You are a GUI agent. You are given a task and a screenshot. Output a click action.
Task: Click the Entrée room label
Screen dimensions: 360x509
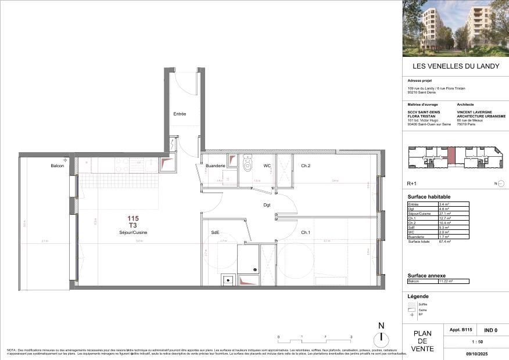point(180,114)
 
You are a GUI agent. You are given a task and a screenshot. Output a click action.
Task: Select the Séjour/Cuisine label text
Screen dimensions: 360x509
point(132,232)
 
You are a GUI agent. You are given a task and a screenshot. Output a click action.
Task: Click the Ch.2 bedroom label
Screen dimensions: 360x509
point(306,166)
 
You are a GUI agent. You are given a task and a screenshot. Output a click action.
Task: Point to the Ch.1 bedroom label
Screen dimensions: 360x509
point(306,232)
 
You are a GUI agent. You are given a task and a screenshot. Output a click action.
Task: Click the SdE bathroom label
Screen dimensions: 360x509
point(214,232)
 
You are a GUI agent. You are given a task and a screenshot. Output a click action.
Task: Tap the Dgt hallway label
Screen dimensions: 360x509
point(266,204)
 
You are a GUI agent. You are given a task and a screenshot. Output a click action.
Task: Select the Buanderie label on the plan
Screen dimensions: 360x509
point(216,166)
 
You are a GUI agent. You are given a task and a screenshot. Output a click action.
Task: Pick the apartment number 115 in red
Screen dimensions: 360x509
point(133,218)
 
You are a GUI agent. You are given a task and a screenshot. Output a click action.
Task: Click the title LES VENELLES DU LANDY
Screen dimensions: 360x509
point(455,66)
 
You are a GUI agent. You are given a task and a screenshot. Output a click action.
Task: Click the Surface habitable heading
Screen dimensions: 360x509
point(429,197)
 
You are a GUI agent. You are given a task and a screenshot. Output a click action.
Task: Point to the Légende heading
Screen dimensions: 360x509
point(418,296)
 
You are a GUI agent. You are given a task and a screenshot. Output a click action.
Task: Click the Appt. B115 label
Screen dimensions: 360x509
point(461,330)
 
